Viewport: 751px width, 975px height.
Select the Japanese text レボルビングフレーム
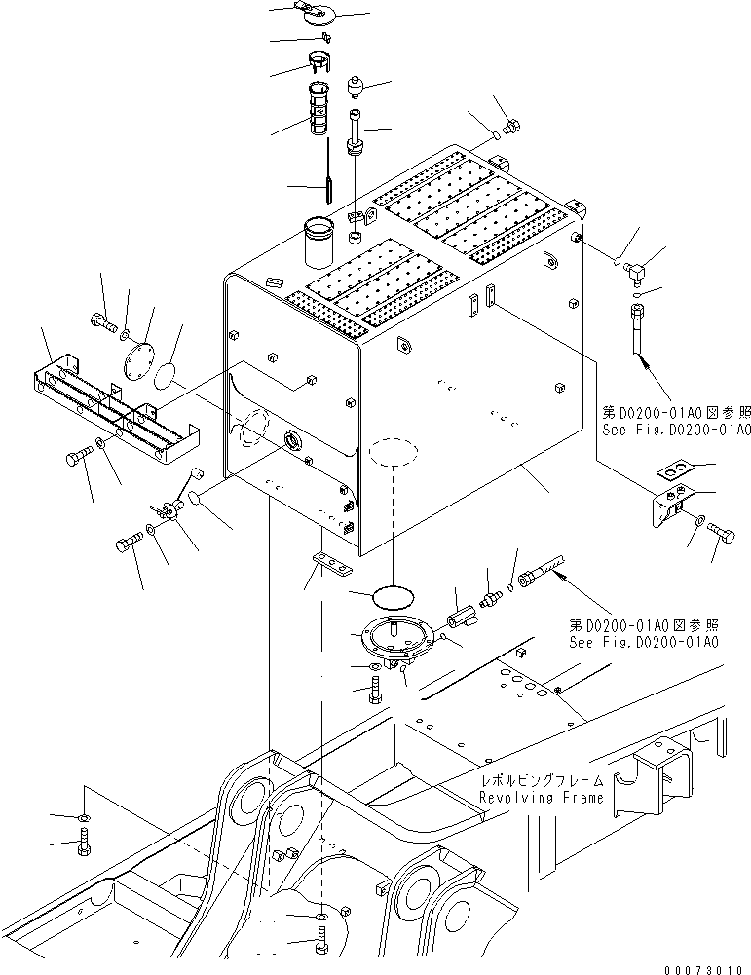point(541,781)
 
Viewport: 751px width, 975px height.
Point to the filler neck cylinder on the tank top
point(319,244)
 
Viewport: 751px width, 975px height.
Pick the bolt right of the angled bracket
point(720,531)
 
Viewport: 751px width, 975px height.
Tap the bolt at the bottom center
point(321,944)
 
